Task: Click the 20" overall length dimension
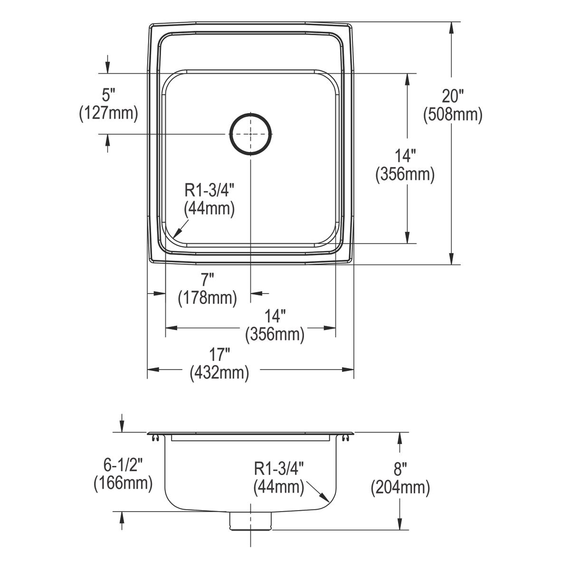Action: pyautogui.click(x=453, y=96)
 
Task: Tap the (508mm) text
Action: pyautogui.click(x=453, y=115)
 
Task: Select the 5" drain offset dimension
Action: pyautogui.click(x=108, y=95)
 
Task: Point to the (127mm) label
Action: pyautogui.click(x=109, y=114)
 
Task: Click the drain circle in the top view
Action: pyautogui.click(x=250, y=133)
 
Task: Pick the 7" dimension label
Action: pyautogui.click(x=208, y=280)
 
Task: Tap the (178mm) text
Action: pyautogui.click(x=208, y=298)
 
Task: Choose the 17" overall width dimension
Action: pyautogui.click(x=219, y=355)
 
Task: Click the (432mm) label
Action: pyautogui.click(x=219, y=373)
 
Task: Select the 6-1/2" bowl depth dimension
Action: pyautogui.click(x=123, y=465)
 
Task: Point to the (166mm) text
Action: pyautogui.click(x=123, y=483)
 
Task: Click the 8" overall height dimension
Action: pyautogui.click(x=400, y=469)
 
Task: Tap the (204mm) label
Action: pyautogui.click(x=400, y=487)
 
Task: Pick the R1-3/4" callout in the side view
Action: pyautogui.click(x=279, y=469)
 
